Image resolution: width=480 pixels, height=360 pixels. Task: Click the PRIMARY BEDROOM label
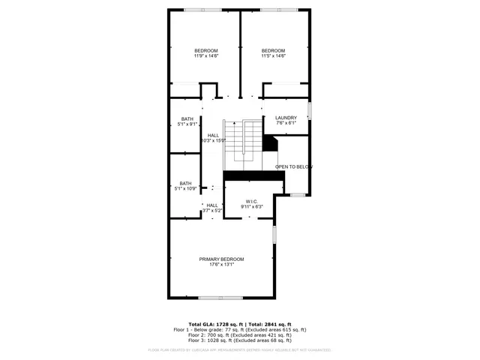pyautogui.click(x=221, y=259)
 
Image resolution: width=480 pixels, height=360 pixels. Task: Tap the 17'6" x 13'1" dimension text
pyautogui.click(x=221, y=264)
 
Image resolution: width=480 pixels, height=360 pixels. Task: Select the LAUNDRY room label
pyautogui.click(x=286, y=118)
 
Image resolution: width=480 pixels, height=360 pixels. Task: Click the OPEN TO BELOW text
pyautogui.click(x=293, y=166)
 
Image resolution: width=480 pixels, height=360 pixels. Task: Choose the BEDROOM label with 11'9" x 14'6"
pyautogui.click(x=206, y=50)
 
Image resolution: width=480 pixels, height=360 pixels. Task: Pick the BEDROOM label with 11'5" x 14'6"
pyautogui.click(x=273, y=50)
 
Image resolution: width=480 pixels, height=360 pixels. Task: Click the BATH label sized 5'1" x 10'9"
pyautogui.click(x=185, y=183)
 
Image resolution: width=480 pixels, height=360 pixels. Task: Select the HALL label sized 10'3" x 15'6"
pyautogui.click(x=214, y=135)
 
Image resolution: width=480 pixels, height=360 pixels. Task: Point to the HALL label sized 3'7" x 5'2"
pyautogui.click(x=212, y=205)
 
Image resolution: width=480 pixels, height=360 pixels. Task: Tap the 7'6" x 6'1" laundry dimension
pyautogui.click(x=286, y=124)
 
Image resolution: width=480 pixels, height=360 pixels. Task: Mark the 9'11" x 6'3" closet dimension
pyautogui.click(x=251, y=205)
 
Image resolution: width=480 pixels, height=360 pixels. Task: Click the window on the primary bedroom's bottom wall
pyautogui.click(x=220, y=298)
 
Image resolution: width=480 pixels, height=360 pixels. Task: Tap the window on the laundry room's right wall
pyautogui.click(x=310, y=111)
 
